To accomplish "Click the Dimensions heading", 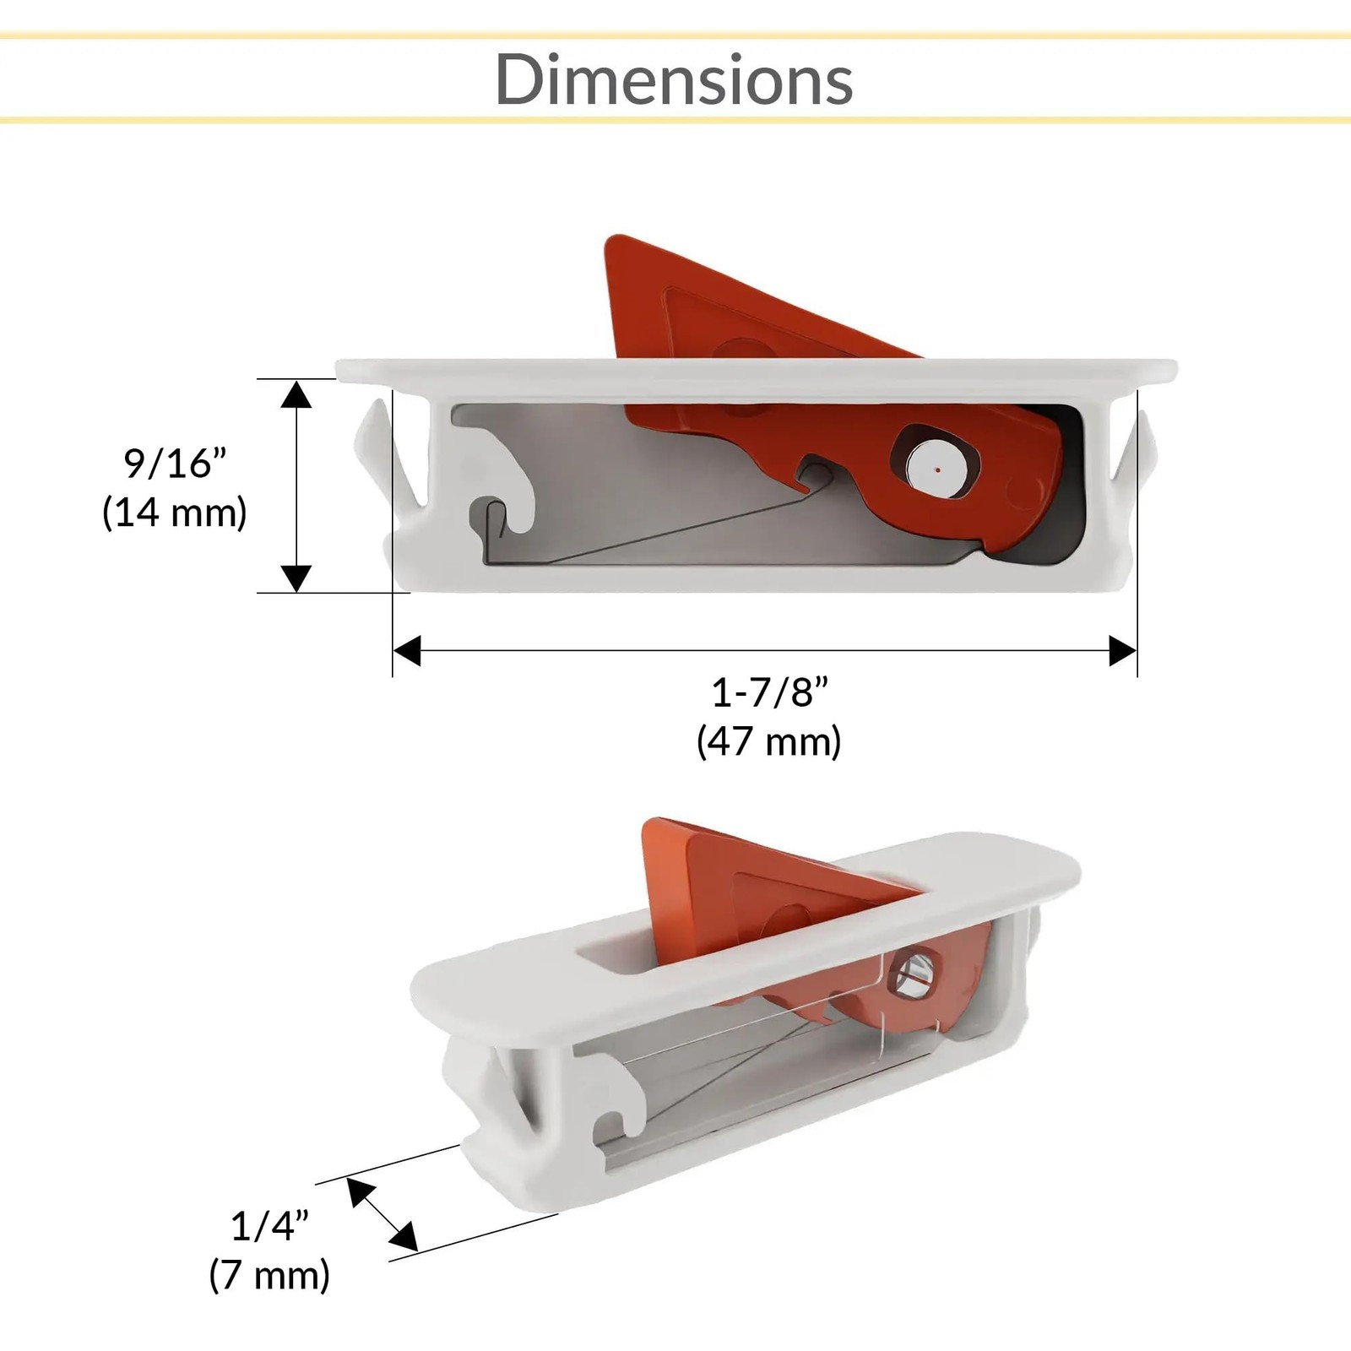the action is click(674, 79).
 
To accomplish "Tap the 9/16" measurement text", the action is click(176, 463).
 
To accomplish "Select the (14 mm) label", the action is click(175, 513).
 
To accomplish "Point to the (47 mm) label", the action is click(769, 741).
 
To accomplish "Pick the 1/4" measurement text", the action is click(269, 1226).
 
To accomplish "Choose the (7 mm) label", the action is click(269, 1275).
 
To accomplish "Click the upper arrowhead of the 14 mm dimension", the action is click(296, 393).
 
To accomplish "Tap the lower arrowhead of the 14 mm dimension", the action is click(296, 578).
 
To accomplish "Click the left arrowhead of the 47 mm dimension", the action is click(407, 651).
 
